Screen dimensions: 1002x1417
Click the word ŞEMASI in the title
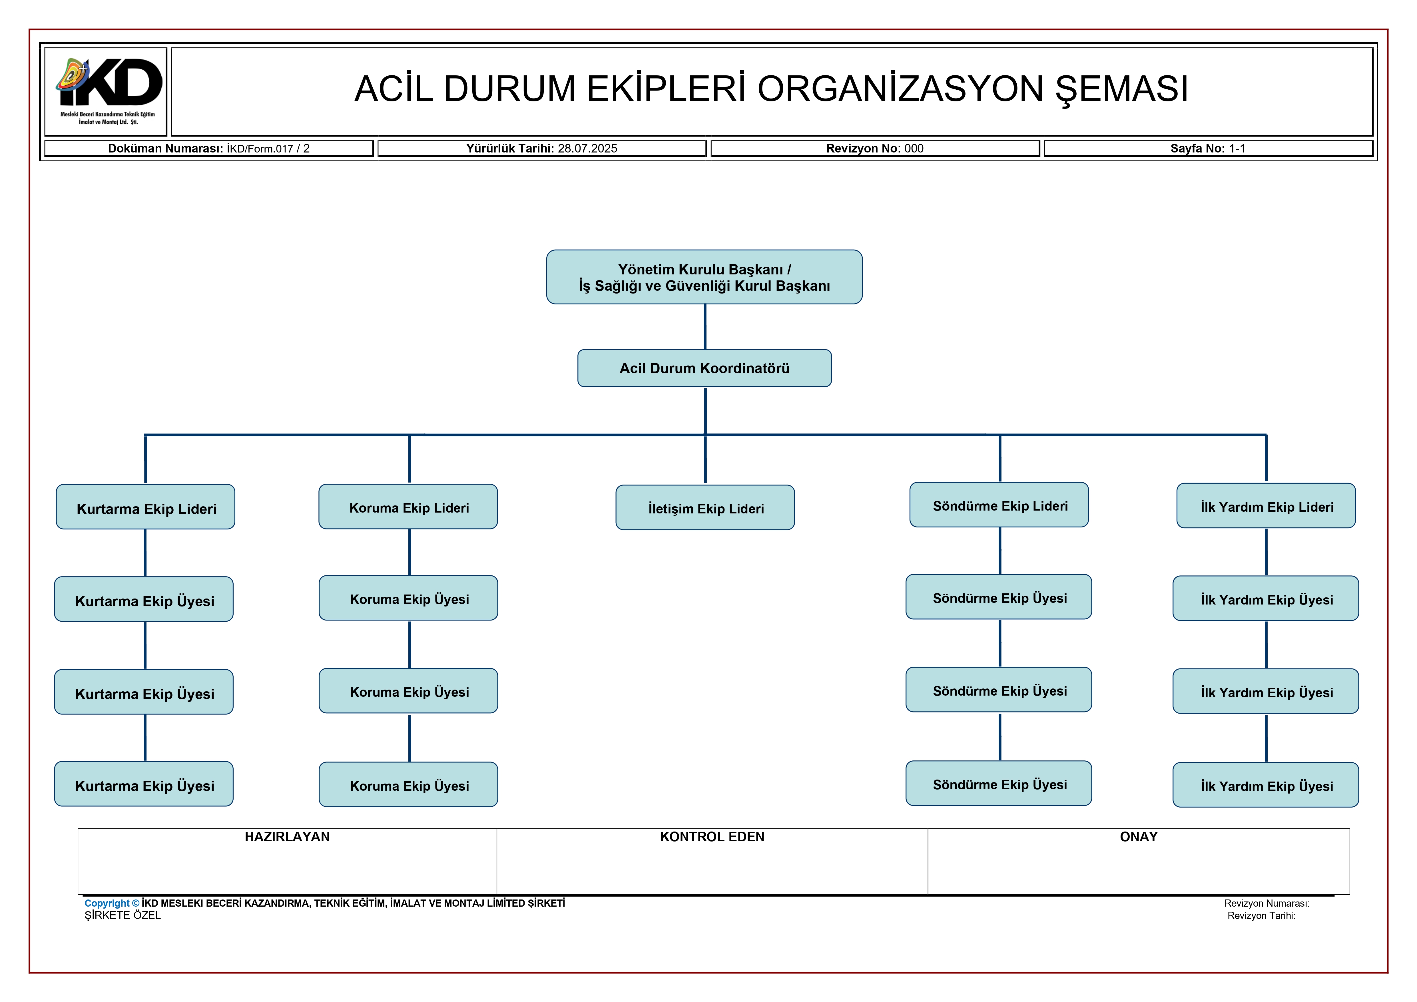(x=1121, y=89)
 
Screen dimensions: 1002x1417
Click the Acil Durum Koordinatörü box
(x=704, y=368)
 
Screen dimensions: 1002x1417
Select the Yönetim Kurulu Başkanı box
(x=704, y=277)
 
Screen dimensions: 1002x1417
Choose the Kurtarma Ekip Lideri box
(x=146, y=507)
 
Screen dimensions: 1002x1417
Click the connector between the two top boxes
(x=705, y=327)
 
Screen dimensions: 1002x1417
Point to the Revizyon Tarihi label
(x=1261, y=915)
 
